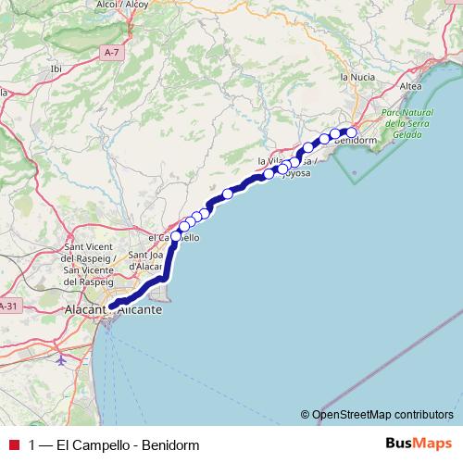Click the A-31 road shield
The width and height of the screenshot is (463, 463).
7,307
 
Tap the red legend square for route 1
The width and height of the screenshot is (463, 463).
11,445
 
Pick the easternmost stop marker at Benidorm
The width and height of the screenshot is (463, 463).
351,131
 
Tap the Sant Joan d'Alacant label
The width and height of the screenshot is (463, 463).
145,261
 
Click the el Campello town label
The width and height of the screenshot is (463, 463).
173,238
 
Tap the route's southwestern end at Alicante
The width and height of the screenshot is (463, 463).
111,306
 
